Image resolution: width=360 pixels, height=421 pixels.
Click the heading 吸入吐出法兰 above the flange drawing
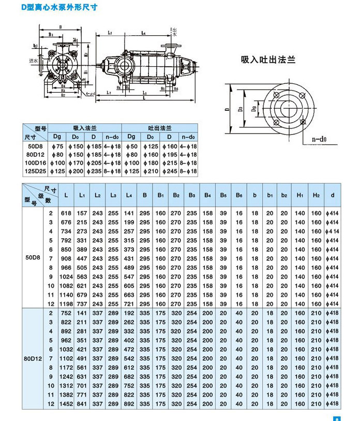[x=268, y=60]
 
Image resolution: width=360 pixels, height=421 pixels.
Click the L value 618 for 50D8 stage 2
[x=66, y=213]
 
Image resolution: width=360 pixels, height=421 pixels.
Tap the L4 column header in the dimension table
[x=129, y=195]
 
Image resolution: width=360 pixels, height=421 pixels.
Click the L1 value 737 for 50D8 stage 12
[x=82, y=304]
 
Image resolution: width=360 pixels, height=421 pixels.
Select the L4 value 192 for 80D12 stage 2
[x=129, y=313]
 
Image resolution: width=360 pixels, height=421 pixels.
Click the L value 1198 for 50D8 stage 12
[x=66, y=304]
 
